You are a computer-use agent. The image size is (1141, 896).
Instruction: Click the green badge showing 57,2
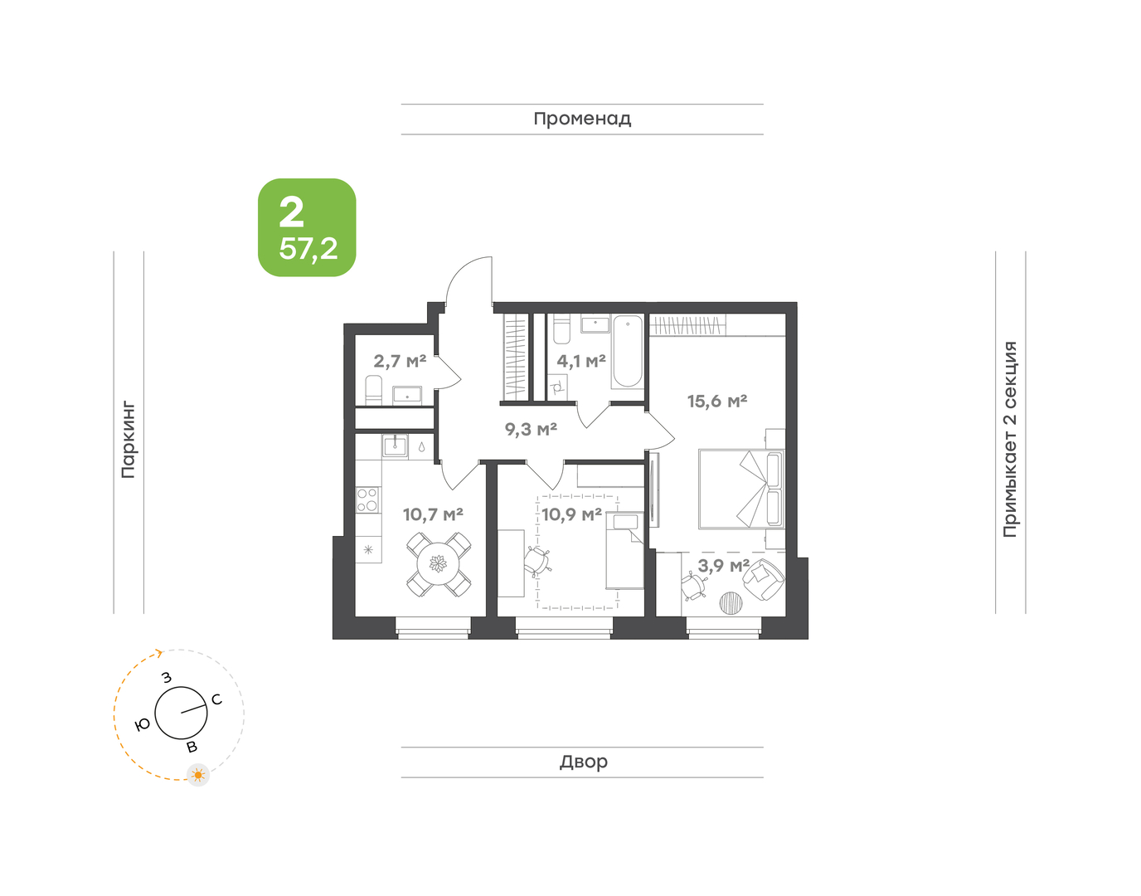(307, 227)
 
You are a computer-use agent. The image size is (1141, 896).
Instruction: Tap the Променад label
(582, 119)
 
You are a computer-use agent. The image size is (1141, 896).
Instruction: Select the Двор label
(584, 761)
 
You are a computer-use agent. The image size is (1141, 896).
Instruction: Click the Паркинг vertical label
(129, 441)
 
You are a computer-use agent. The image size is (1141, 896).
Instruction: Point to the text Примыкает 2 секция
(1010, 439)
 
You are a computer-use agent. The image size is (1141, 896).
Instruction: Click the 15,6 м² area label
(717, 402)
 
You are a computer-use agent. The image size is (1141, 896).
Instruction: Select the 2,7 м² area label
(400, 361)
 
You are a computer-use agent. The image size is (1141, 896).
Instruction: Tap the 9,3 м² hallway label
(531, 429)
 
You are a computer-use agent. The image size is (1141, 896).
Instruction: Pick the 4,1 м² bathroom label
(581, 361)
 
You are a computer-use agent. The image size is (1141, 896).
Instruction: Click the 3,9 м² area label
(723, 566)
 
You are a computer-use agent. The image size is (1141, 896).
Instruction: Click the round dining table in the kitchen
(438, 565)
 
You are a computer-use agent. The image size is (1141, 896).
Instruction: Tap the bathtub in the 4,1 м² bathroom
(628, 352)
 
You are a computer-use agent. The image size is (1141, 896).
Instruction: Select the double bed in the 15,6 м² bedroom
(741, 489)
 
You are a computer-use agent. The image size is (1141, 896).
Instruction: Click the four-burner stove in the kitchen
(367, 499)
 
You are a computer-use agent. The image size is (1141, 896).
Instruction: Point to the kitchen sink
(395, 446)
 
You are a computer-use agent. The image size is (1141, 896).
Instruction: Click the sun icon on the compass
(198, 775)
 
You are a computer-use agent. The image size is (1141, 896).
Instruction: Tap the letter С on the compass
(216, 699)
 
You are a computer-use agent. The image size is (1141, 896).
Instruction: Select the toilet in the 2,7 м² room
(373, 390)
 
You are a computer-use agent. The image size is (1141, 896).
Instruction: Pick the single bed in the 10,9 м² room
(625, 550)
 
